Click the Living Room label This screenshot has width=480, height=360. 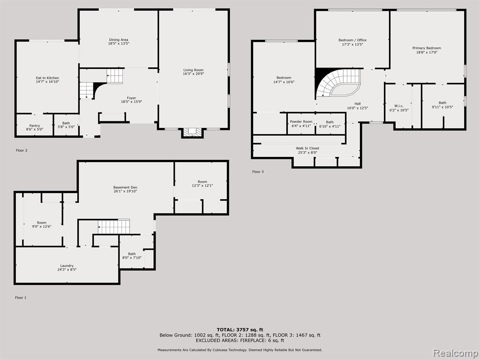point(193,72)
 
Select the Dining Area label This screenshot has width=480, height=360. point(119,42)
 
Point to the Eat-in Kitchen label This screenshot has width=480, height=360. point(47,80)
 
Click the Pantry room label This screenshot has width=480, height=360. point(35,127)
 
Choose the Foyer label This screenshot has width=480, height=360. point(131,100)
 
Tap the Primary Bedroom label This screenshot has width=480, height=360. point(427,50)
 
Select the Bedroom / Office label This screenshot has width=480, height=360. point(352,42)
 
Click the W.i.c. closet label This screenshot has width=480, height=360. point(399,108)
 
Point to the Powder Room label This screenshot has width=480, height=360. point(301,123)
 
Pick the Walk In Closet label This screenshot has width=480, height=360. point(307,150)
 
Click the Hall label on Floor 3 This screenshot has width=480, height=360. point(358,105)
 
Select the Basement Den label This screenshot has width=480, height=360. point(125,189)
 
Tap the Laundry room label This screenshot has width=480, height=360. point(67,268)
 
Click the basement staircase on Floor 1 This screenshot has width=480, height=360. point(114,226)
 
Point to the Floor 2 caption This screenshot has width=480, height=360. point(22,150)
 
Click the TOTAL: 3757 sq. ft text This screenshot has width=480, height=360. point(240,330)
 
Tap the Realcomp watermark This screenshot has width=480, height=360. point(456,353)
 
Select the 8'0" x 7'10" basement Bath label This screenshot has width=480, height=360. point(132,255)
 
